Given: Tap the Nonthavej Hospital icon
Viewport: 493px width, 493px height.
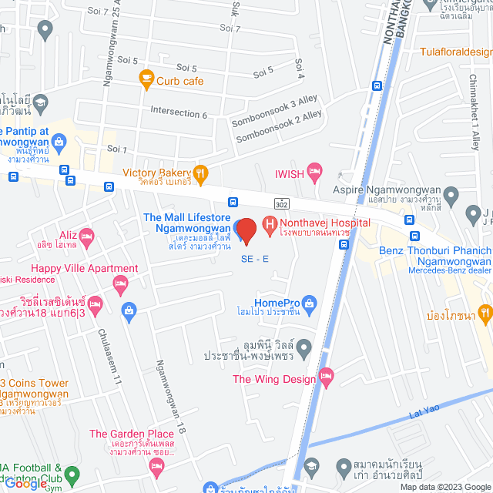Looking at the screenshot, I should pyautogui.click(x=270, y=224).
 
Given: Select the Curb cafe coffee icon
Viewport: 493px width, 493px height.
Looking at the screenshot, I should pyautogui.click(x=145, y=77).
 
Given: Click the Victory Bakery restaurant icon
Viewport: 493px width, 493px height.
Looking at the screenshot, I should pyautogui.click(x=200, y=173).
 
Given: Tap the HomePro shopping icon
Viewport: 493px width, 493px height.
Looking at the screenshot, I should pyautogui.click(x=309, y=303).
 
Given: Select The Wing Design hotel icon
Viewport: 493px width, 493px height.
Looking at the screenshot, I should pyautogui.click(x=327, y=378).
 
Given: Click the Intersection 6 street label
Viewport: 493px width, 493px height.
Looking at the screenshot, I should pyautogui.click(x=179, y=113).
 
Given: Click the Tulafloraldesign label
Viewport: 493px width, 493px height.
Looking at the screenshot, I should pyautogui.click(x=455, y=52).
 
